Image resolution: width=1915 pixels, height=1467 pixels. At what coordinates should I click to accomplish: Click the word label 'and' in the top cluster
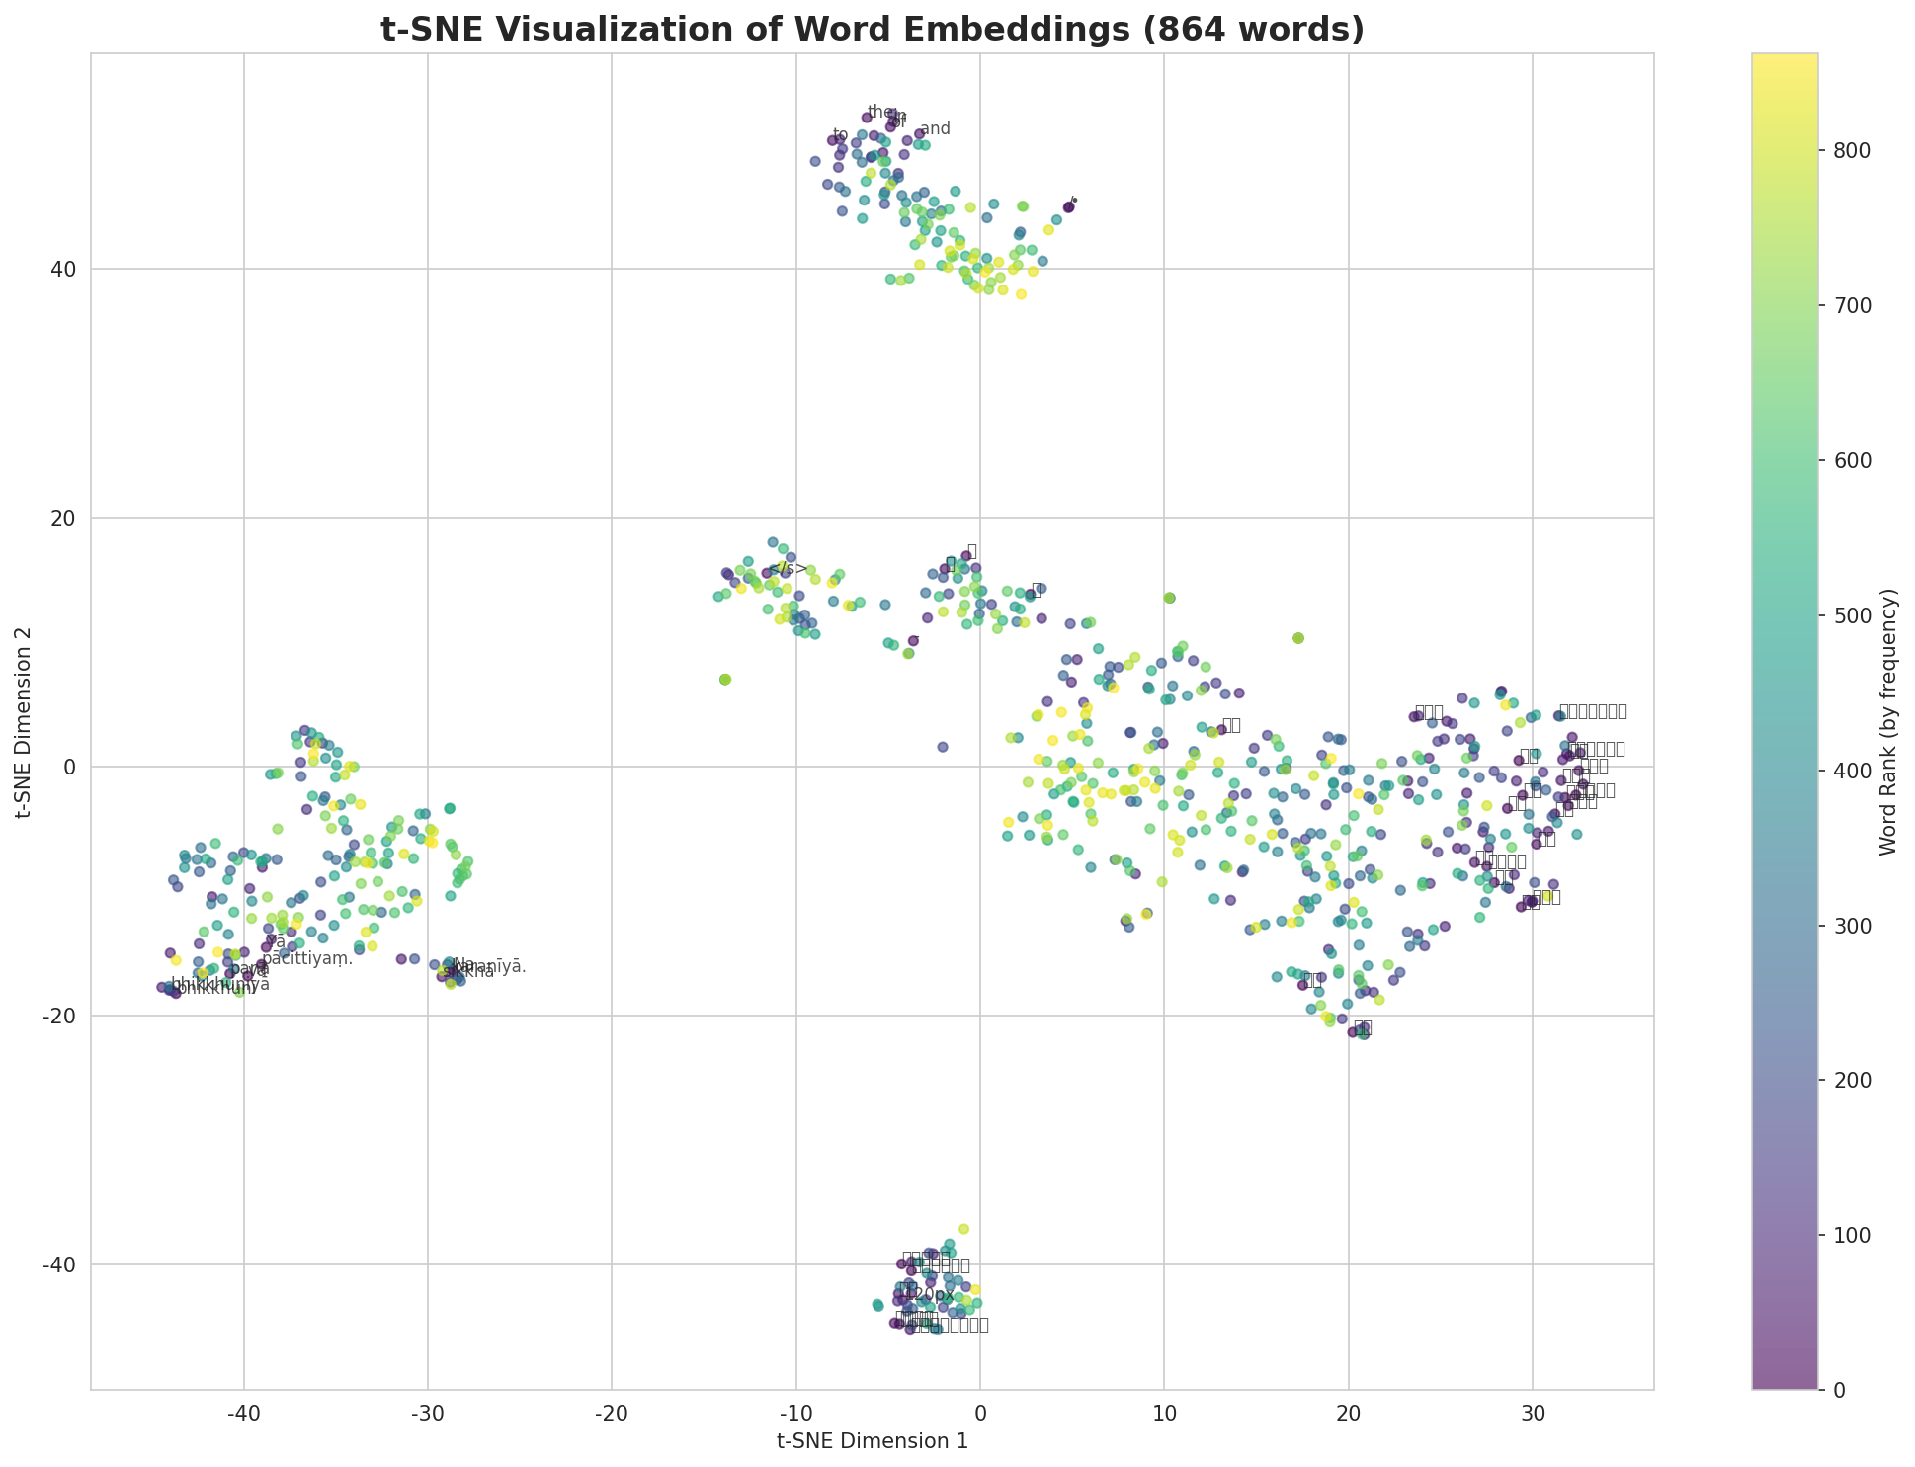point(935,128)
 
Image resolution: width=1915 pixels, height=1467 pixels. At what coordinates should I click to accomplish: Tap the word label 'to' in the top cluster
point(840,134)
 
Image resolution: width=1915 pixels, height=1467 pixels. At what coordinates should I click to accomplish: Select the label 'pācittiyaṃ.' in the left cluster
point(307,959)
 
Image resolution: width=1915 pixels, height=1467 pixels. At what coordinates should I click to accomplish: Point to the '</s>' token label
point(788,568)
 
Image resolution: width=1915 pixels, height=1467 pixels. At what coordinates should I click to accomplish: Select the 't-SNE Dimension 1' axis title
point(872,1441)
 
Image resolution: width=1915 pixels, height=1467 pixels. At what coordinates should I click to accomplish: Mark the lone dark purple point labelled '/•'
point(1068,206)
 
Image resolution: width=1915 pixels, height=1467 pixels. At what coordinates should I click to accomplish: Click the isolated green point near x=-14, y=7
point(724,680)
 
